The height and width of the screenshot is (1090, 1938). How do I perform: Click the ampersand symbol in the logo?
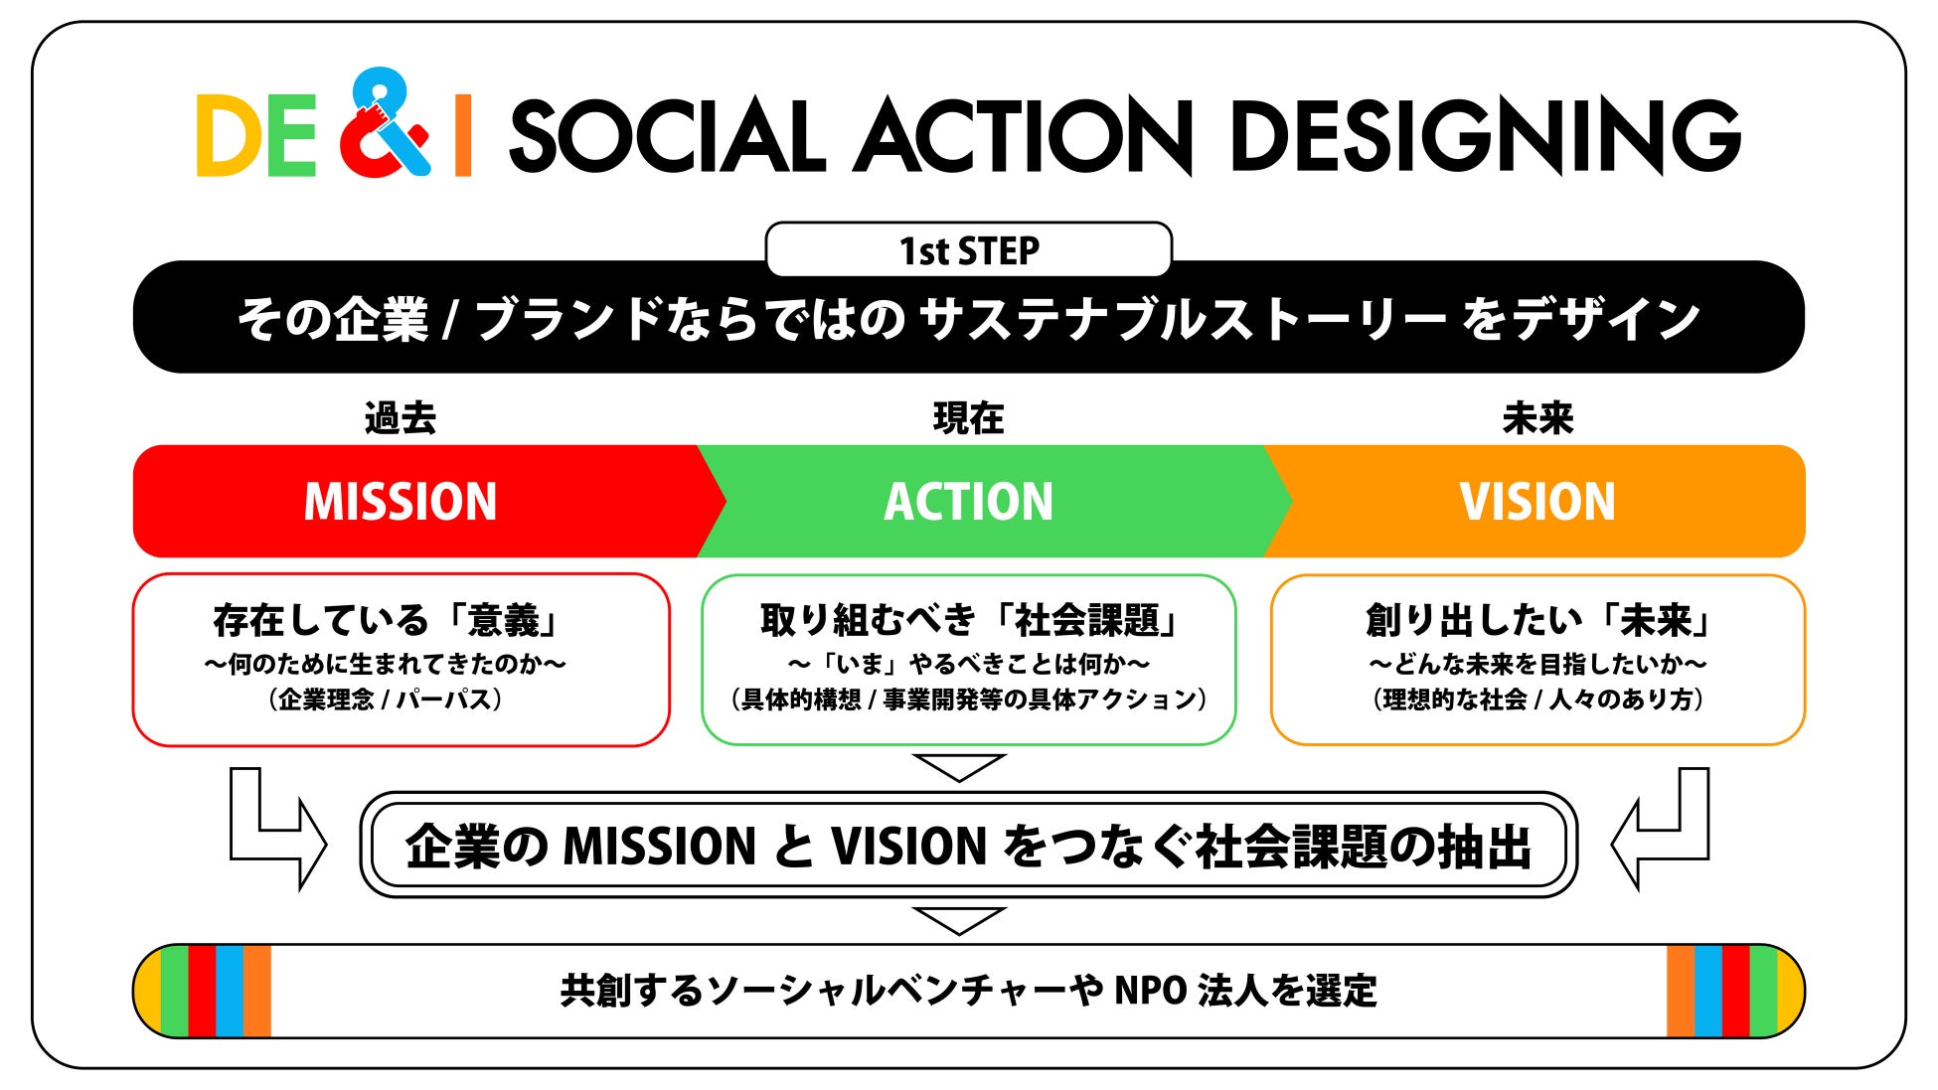[x=385, y=124]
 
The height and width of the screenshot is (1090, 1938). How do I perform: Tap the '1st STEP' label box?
[x=968, y=250]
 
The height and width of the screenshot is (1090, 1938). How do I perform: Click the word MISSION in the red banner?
[x=401, y=502]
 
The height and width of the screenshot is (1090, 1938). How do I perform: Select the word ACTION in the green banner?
[x=968, y=502]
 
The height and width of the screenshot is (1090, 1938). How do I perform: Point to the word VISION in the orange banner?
[x=1536, y=502]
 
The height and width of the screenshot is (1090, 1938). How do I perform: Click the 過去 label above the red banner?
[x=401, y=418]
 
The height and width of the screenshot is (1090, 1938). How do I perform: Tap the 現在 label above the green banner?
[x=968, y=418]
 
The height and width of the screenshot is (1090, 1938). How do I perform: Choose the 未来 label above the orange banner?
[x=1537, y=418]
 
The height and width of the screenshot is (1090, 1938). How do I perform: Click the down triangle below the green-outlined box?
[x=959, y=767]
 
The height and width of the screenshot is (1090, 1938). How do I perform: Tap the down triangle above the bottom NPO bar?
[x=959, y=920]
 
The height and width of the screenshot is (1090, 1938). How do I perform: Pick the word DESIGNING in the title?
[x=1485, y=136]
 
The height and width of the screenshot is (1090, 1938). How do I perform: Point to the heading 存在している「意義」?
[x=388, y=621]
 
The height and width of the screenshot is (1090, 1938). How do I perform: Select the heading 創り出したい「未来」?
[x=1538, y=621]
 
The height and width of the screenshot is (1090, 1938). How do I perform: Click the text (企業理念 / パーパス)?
[x=386, y=700]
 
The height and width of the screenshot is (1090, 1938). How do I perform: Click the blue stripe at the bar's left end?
[x=230, y=992]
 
